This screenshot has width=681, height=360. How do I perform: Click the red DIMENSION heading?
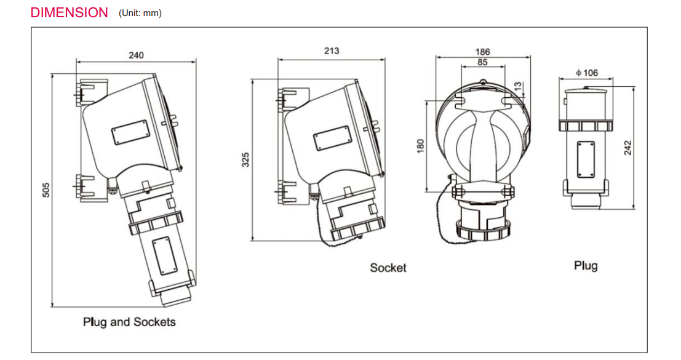tap(69, 12)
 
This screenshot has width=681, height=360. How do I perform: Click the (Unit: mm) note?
tap(140, 13)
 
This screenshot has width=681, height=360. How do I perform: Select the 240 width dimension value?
tap(136, 55)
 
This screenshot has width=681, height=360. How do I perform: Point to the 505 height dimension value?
tap(46, 190)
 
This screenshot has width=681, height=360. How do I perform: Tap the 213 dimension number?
tap(331, 51)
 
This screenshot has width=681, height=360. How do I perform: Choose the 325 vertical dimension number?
tap(245, 160)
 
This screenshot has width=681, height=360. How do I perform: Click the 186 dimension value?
tap(483, 52)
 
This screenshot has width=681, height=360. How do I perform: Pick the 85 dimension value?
tap(482, 62)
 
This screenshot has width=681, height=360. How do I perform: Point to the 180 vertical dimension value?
tap(420, 146)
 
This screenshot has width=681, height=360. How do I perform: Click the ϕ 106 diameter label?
tap(586, 73)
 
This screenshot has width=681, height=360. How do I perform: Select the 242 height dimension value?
tap(628, 147)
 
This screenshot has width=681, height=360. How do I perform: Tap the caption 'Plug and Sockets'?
tap(129, 322)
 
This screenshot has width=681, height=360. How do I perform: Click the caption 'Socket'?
tap(388, 268)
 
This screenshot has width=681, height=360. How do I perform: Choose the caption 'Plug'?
tap(586, 266)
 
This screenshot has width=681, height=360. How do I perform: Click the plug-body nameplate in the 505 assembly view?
tap(163, 257)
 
